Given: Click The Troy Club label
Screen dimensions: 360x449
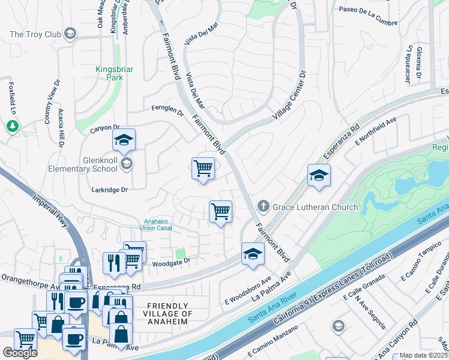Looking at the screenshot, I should click(x=35, y=34).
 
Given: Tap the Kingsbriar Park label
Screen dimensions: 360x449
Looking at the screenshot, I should click(x=109, y=73).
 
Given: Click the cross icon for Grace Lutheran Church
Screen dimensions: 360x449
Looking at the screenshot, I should click(x=262, y=206).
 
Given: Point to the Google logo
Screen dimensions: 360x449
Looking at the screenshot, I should click(x=20, y=353).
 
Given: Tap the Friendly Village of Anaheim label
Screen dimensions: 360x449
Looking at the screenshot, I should click(x=169, y=314).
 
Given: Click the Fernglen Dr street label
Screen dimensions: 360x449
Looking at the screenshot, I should click(x=167, y=109).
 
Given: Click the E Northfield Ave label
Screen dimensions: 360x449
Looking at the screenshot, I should click(x=376, y=131).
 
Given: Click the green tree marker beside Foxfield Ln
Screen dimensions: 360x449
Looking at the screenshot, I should click(x=12, y=126).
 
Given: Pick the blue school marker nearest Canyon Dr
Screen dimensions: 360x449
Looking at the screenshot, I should click(x=124, y=140).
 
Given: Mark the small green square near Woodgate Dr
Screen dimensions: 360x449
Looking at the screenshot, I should click(x=178, y=253).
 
